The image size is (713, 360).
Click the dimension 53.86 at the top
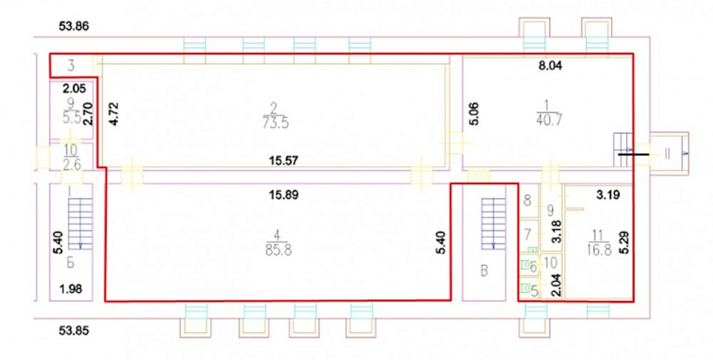tap(74, 26)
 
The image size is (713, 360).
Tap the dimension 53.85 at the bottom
tap(74, 330)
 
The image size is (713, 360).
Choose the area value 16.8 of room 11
tap(598, 250)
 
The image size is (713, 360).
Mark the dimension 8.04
tap(550, 65)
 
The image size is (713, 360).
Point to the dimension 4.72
tap(114, 114)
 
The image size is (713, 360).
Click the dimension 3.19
tap(608, 197)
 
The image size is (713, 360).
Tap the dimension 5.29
tap(627, 243)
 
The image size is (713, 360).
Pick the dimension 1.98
tap(71, 288)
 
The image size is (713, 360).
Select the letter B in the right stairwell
tap(484, 271)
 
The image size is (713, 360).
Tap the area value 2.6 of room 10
tap(72, 164)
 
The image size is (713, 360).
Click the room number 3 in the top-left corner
tap(71, 66)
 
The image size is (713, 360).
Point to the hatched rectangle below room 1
tap(479, 176)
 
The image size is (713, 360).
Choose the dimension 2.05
tap(75, 89)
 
